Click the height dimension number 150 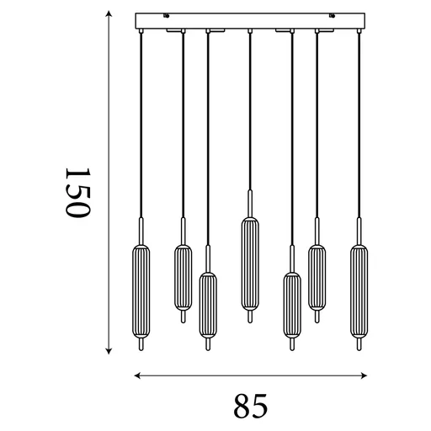coord(76,193)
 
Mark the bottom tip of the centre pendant coord(249,317)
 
